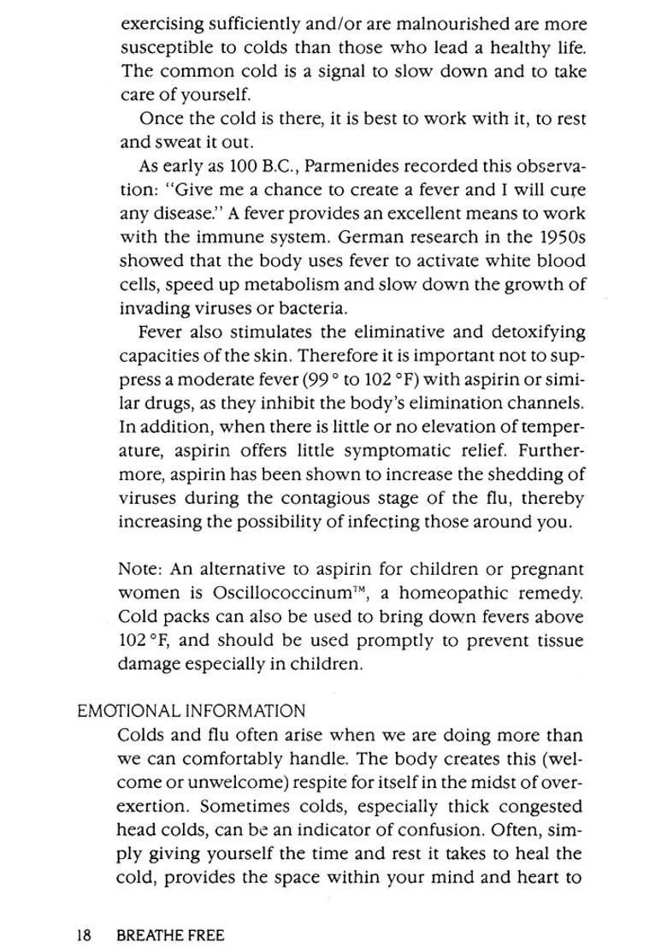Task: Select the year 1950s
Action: click(560, 237)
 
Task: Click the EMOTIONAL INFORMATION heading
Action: click(191, 711)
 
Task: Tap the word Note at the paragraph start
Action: click(139, 569)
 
